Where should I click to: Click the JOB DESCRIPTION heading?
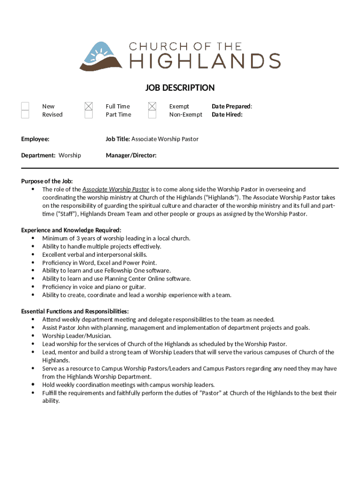click(180, 88)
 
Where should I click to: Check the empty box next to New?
click(25, 107)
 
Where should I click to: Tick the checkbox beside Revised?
click(25, 115)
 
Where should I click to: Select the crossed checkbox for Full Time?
click(88, 107)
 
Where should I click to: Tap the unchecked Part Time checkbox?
click(88, 115)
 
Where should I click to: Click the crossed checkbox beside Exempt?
click(152, 107)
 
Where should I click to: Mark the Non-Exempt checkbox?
click(152, 115)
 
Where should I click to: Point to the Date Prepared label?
click(231, 107)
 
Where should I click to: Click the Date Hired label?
click(227, 115)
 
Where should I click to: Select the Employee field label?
click(35, 139)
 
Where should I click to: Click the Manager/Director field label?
click(131, 155)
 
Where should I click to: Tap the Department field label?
click(39, 155)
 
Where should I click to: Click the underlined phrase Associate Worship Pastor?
click(116, 189)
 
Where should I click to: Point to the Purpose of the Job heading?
click(47, 181)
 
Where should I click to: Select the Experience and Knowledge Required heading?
click(71, 230)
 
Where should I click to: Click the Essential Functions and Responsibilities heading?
click(75, 312)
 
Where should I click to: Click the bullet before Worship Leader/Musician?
click(33, 336)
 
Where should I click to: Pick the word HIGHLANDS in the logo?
click(204, 61)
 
